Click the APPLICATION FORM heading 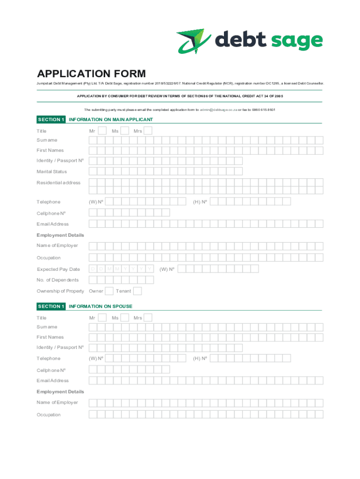tap(91, 74)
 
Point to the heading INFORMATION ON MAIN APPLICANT tap(111, 120)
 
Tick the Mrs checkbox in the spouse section tap(148, 318)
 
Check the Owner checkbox tap(109, 291)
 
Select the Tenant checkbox tap(137, 291)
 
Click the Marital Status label tap(52, 172)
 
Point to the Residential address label tap(58, 182)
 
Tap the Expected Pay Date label tap(58, 269)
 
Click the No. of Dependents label tap(58, 280)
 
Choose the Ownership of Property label tap(60, 291)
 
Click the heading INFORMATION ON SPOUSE tap(101, 306)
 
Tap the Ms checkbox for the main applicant tap(125, 131)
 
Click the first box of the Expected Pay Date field tap(94, 269)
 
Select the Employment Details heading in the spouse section tap(60, 392)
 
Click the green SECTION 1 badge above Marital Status tap(51, 120)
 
